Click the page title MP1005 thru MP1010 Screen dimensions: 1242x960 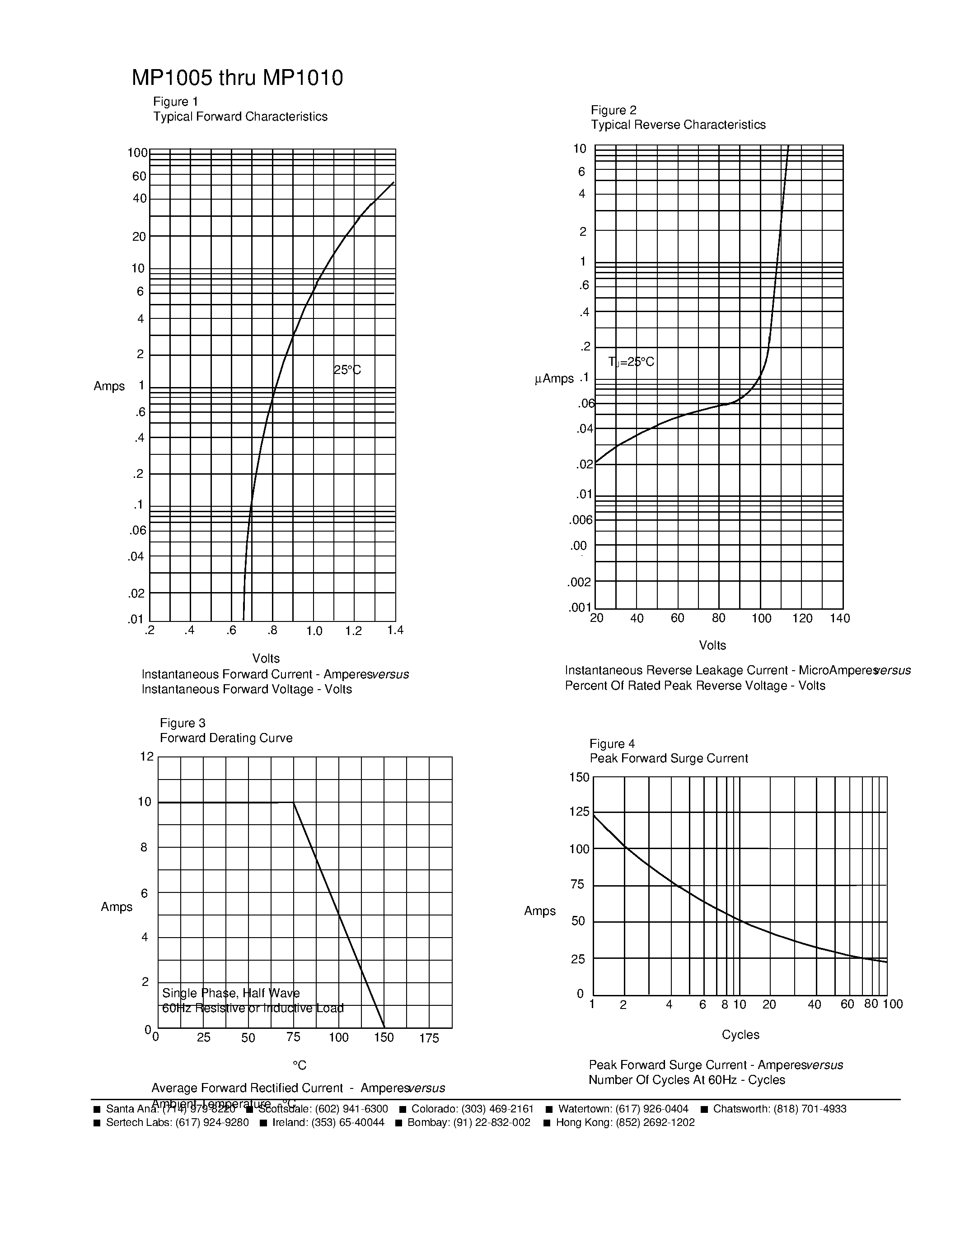click(x=237, y=78)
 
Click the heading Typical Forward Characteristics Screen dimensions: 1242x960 click(x=240, y=117)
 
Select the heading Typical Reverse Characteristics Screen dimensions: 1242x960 click(x=678, y=125)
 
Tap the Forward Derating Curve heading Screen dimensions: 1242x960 click(x=226, y=738)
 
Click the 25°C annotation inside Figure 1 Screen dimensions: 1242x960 click(x=347, y=370)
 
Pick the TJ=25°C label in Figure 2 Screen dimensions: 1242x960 click(x=631, y=362)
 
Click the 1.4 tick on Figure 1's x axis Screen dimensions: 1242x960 click(x=395, y=630)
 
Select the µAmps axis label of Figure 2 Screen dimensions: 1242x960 click(x=554, y=379)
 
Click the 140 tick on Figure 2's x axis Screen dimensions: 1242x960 click(x=839, y=618)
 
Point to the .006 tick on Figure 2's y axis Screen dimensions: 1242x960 click(x=580, y=520)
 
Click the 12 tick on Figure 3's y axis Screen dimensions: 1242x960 click(x=147, y=756)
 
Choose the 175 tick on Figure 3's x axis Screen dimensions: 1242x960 click(x=429, y=1038)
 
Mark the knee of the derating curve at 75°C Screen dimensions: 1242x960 click(x=294, y=803)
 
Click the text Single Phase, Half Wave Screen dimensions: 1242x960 click(x=231, y=993)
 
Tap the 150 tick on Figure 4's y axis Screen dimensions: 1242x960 click(x=579, y=777)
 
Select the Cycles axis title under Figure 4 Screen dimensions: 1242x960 click(x=740, y=1034)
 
